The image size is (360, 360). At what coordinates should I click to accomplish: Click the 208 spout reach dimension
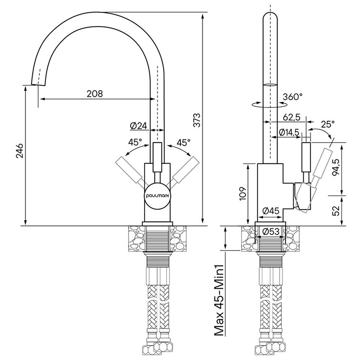(95, 94)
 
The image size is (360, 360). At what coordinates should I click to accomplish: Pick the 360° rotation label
(292, 97)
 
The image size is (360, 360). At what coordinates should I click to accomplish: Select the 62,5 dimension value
(292, 117)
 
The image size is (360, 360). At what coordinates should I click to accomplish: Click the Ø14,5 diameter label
(289, 132)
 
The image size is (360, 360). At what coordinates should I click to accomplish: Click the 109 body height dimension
(242, 194)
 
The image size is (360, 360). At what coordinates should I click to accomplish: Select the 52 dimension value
(336, 211)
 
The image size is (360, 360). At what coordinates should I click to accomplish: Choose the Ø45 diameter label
(271, 211)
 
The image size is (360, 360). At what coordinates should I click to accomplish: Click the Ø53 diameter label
(271, 232)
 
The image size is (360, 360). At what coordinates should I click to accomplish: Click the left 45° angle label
(135, 142)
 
